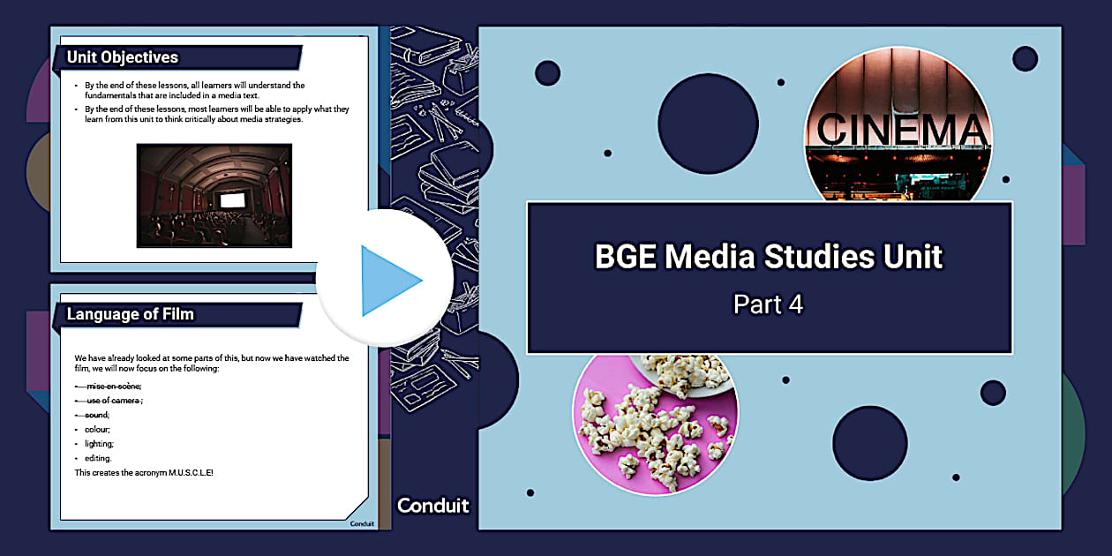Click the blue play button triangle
(x=388, y=280)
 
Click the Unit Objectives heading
(x=123, y=57)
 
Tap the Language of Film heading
(x=131, y=314)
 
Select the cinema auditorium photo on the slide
(x=214, y=196)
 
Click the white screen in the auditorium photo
(x=231, y=200)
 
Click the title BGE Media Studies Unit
(x=769, y=257)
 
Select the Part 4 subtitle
(x=769, y=304)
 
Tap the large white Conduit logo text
(x=433, y=506)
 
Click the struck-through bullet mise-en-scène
(x=114, y=386)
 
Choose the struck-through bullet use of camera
(x=114, y=400)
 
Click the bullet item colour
(x=98, y=429)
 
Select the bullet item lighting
(x=100, y=443)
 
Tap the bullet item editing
(x=99, y=458)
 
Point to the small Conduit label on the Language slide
(x=362, y=523)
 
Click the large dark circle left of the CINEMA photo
(x=708, y=124)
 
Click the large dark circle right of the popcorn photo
(x=869, y=443)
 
